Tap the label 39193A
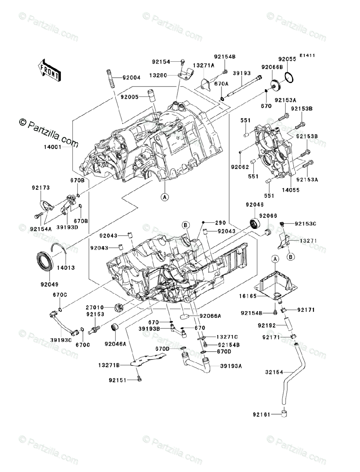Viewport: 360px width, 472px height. point(231,366)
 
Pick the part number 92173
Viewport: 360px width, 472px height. point(41,188)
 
